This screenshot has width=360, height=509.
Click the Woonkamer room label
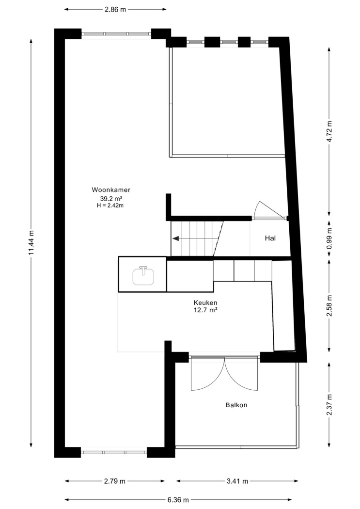[111, 190]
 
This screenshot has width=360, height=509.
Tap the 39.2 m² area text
[111, 198]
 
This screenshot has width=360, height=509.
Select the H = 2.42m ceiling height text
[110, 205]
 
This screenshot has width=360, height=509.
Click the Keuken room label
[205, 303]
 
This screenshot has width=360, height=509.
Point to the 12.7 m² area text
[205, 310]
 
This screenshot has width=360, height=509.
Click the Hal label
[270, 239]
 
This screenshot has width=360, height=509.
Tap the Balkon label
[236, 405]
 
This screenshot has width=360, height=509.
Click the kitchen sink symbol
[143, 275]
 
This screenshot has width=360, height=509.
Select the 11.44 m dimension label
[31, 242]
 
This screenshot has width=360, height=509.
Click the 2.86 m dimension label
[115, 9]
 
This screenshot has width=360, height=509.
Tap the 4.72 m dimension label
[329, 131]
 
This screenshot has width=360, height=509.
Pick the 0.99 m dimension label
[329, 239]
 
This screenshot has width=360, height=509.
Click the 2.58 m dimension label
[329, 306]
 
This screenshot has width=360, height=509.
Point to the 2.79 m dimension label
[114, 481]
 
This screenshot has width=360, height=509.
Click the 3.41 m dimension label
[237, 481]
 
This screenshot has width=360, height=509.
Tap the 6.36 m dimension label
[178, 500]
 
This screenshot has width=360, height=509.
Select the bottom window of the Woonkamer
[114, 452]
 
